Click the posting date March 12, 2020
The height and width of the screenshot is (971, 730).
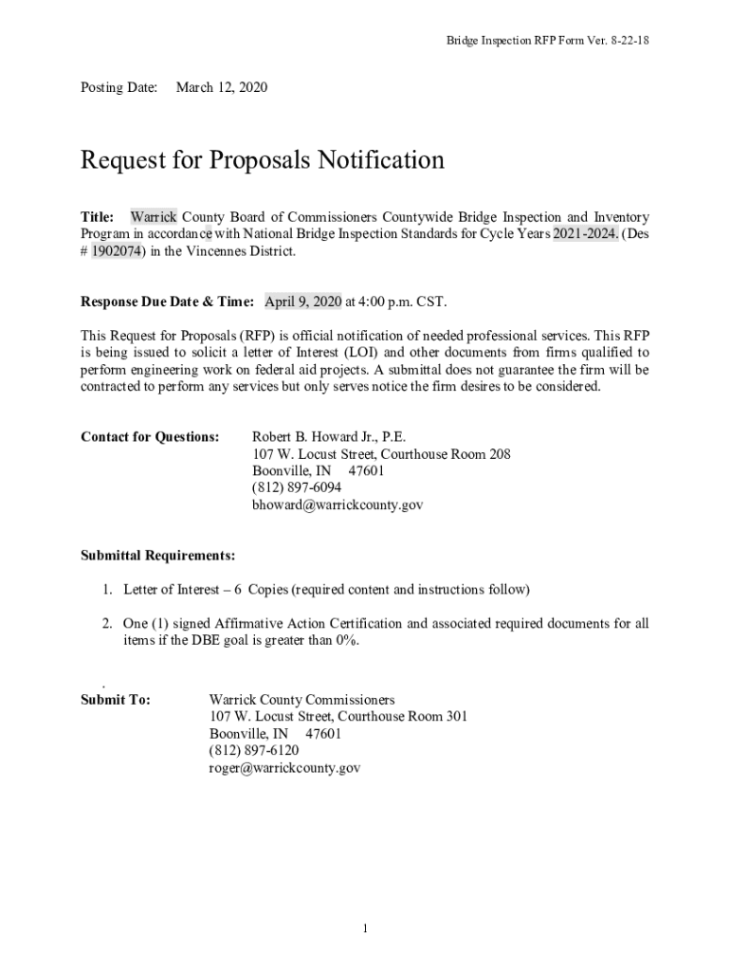click(x=222, y=88)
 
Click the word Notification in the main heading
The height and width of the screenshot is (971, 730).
click(x=378, y=160)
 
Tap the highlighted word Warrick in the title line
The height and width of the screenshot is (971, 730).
click(x=154, y=217)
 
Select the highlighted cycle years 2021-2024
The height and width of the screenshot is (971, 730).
click(x=586, y=234)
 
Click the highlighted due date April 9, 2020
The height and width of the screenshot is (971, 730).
click(x=302, y=302)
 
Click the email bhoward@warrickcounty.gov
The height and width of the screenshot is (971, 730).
click(x=337, y=505)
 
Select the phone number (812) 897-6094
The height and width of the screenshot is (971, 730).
click(x=297, y=488)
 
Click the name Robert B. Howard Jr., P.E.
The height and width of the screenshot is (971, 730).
click(x=328, y=437)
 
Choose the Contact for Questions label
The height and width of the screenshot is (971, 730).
click(x=150, y=437)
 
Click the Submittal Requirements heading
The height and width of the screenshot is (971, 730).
click(x=157, y=556)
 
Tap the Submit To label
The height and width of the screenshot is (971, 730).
click(x=116, y=700)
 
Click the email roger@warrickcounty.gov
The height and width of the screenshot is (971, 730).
click(x=284, y=768)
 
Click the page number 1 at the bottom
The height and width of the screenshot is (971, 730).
click(x=365, y=927)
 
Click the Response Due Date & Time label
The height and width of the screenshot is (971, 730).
click(x=167, y=302)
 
